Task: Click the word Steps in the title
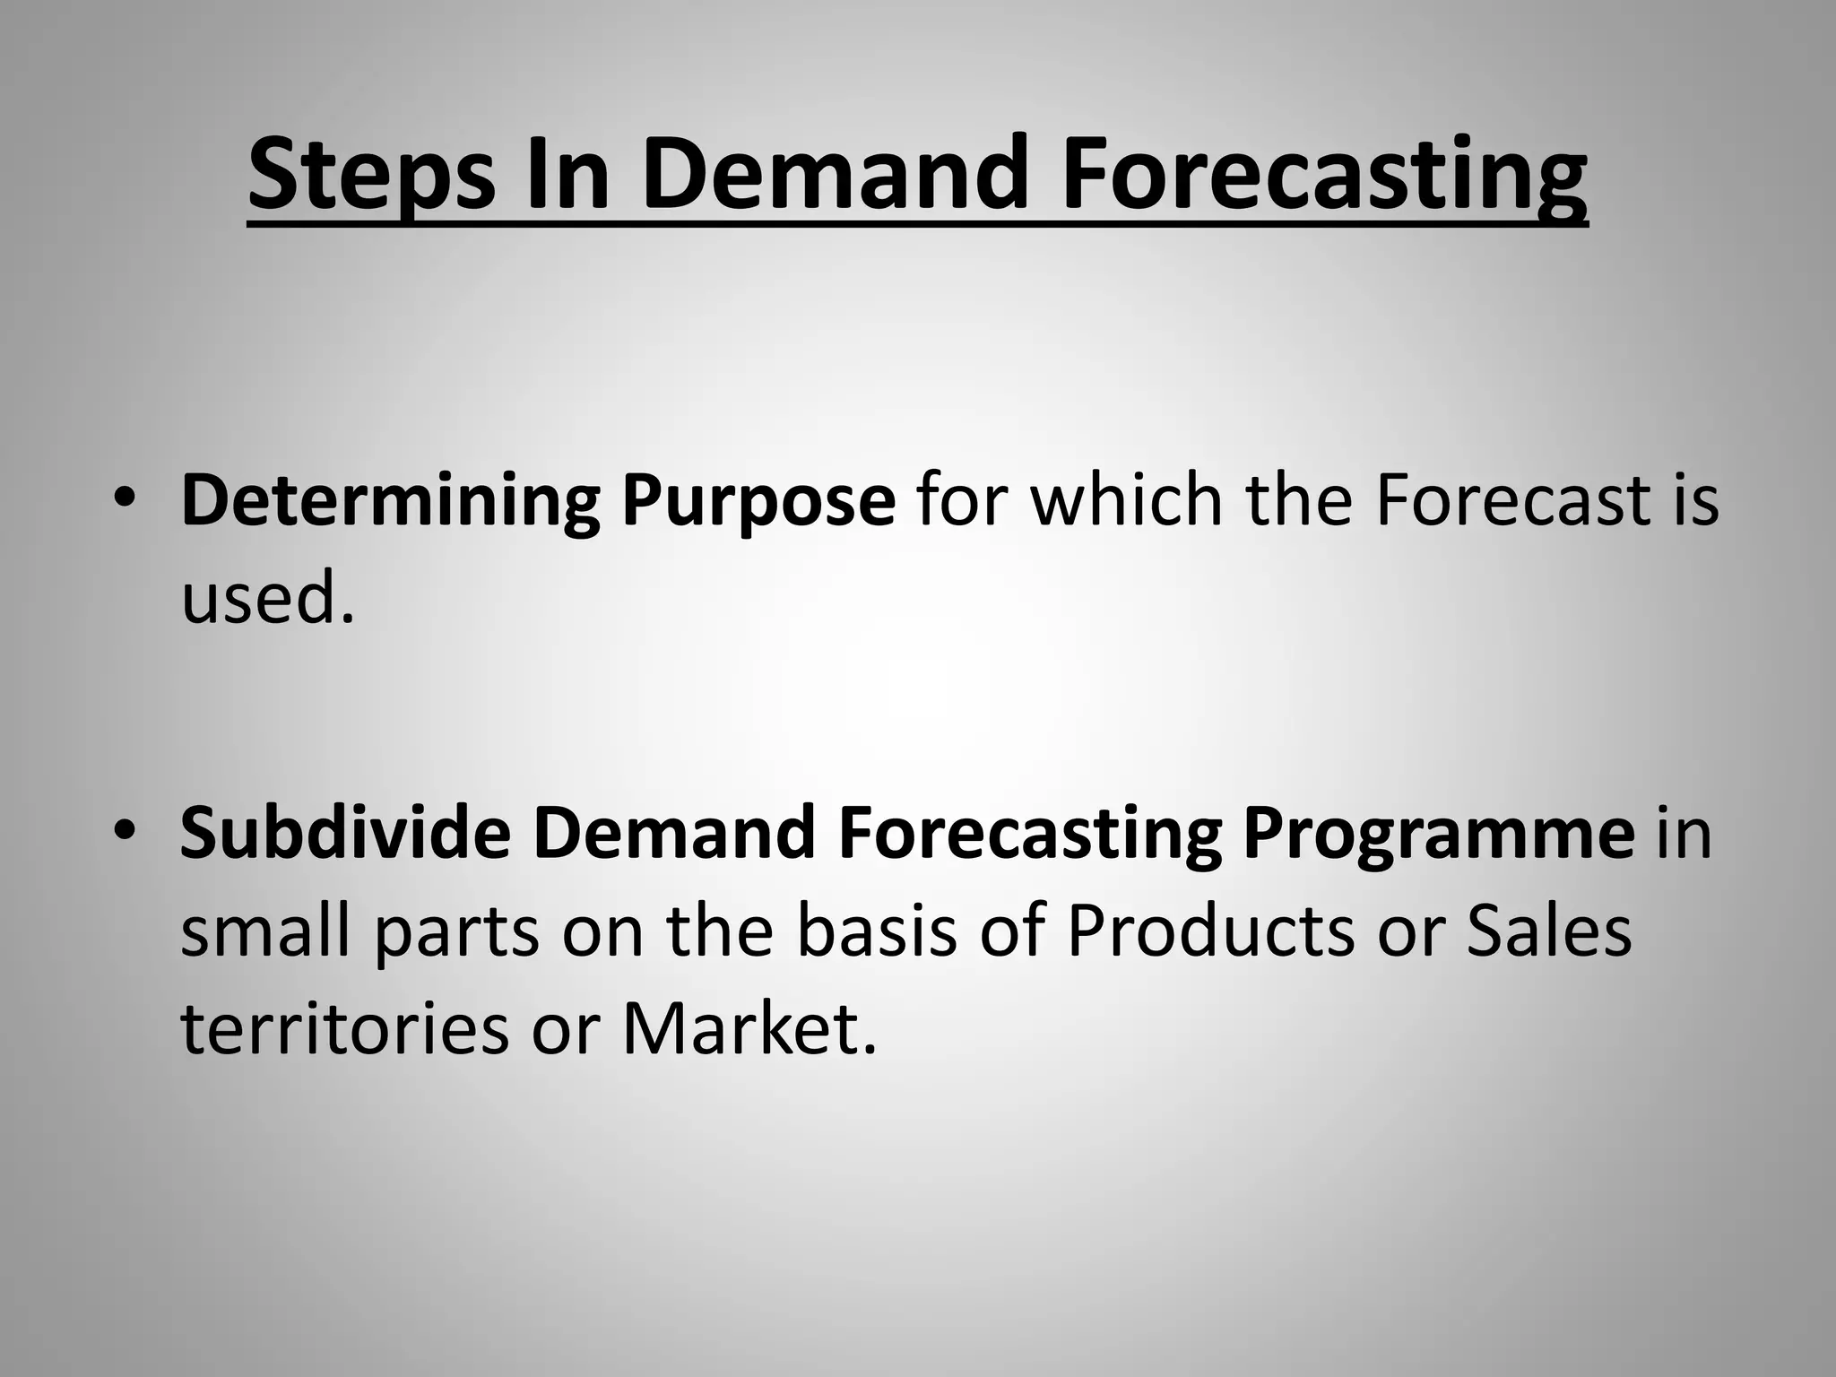(370, 174)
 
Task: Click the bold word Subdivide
(345, 832)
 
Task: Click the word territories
(344, 1028)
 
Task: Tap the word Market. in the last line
(748, 1028)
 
